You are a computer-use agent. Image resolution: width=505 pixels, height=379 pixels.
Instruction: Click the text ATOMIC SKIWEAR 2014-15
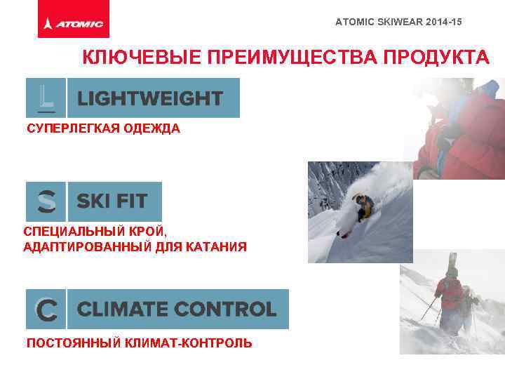[398, 22]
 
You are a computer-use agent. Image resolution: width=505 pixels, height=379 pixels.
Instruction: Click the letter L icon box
[46, 98]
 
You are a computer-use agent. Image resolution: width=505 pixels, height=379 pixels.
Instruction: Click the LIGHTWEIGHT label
[150, 98]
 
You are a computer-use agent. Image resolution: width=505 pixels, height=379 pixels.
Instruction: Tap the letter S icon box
[46, 202]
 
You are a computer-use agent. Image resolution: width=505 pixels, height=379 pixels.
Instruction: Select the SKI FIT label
[112, 202]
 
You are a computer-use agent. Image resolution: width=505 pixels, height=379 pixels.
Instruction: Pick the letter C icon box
[46, 309]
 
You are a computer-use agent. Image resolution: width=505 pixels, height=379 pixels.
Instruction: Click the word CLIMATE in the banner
[122, 309]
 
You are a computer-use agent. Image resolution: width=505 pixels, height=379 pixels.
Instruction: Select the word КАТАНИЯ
[216, 246]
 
